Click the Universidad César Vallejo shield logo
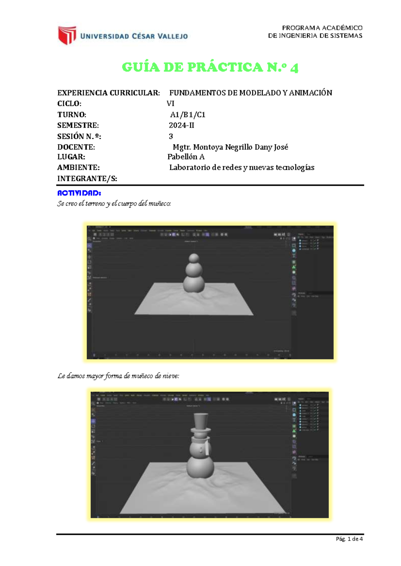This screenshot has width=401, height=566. pos(67,35)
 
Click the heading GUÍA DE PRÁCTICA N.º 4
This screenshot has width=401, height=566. pos(210,67)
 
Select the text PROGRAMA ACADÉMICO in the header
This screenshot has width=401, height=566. pos(322,28)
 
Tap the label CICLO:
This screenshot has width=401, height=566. pos(69,103)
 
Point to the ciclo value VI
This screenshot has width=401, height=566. pos(170,103)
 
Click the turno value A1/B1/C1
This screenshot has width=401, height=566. pos(187,115)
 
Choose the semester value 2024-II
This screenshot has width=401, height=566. pos(181,125)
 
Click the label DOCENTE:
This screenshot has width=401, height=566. pos(76,147)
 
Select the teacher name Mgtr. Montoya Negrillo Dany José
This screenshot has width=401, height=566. pos(230,147)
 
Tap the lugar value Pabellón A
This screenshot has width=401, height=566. pos(186,157)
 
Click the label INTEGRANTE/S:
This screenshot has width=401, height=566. pos(87,179)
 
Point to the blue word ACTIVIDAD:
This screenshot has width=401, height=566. pos(79,193)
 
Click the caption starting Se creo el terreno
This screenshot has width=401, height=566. pos(114,204)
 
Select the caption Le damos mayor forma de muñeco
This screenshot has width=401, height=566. pos(118,376)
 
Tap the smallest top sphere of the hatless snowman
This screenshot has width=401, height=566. pos(194,258)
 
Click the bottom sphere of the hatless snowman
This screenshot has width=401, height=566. pos(194,284)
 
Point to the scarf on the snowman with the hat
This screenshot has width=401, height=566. pos(208,447)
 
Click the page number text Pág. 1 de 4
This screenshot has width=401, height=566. pos(349,539)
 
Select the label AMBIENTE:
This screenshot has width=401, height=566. pos(78,168)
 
